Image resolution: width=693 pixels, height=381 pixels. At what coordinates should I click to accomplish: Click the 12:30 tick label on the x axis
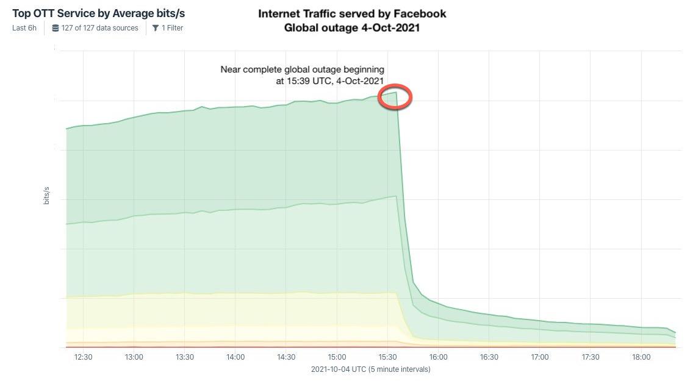83,357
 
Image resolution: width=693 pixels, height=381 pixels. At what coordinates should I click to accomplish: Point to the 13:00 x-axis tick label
134,357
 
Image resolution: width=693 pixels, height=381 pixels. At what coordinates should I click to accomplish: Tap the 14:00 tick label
235,357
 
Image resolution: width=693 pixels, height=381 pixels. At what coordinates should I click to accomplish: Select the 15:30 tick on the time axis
387,357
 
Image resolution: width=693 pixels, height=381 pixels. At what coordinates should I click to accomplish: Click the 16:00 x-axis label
438,357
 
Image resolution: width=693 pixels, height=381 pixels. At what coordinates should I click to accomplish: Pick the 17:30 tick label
591,357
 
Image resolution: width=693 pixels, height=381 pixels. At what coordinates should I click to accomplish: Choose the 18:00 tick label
641,357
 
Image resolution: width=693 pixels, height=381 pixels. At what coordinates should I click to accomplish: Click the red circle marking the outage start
395,97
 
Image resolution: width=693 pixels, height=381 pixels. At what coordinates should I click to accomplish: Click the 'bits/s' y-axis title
46,196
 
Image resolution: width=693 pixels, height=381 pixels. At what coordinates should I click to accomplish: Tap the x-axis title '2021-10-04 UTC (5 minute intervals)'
370,369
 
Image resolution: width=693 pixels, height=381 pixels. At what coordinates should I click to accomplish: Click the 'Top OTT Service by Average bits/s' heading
98,13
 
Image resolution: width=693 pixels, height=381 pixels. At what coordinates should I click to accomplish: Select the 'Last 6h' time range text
25,28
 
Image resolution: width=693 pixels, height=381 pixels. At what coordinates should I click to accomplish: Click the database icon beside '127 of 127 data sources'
56,28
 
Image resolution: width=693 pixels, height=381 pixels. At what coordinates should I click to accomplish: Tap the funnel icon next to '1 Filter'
156,28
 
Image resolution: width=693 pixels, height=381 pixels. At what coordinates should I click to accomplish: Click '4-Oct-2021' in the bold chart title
390,27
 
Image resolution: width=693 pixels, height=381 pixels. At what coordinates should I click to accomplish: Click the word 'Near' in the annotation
231,69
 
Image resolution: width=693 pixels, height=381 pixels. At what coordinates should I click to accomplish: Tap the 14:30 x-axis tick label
286,357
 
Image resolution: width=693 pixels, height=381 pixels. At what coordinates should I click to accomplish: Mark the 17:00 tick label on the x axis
540,357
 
